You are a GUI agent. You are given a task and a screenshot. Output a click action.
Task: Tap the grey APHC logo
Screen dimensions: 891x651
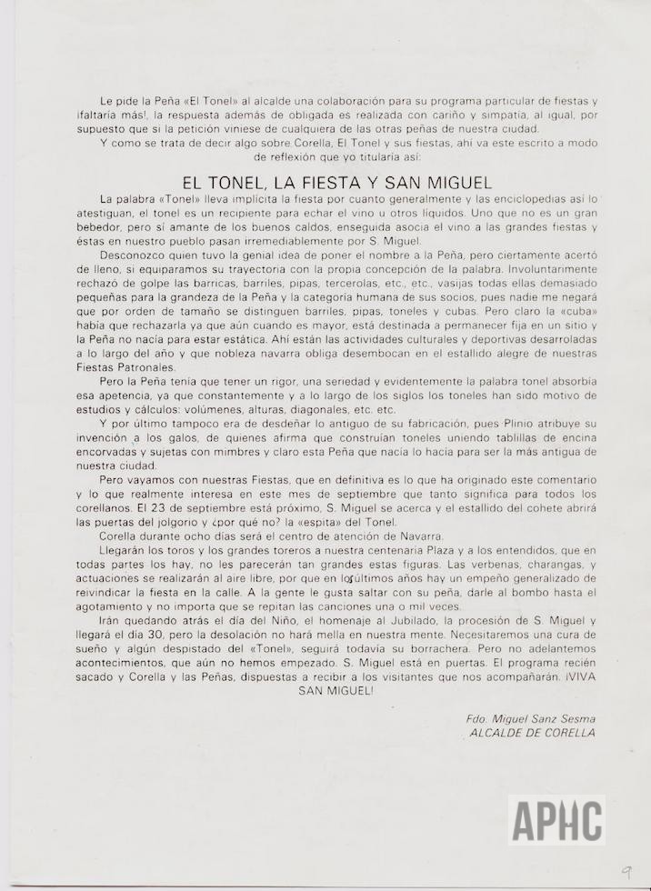(x=557, y=819)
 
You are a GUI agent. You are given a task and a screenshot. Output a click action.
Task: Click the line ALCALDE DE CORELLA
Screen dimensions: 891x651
(x=531, y=732)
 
